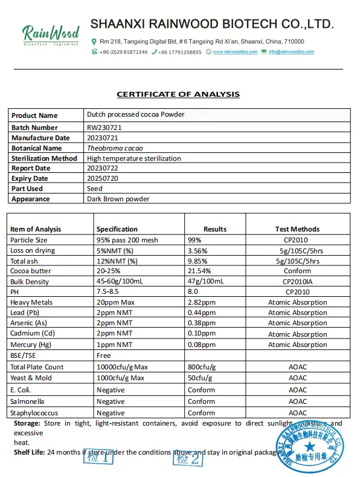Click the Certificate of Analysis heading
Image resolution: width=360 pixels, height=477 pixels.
pos(178,94)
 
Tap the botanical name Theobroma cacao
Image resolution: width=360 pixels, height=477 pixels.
pos(115,148)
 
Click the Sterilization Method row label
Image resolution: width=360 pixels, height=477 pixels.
pos(44,158)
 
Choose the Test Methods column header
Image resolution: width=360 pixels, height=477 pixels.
pos(297,229)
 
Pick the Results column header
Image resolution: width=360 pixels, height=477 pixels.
pos(214,229)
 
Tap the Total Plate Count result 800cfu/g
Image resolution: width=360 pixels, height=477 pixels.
pos(202,367)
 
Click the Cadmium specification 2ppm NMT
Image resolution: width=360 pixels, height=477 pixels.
pos(114,334)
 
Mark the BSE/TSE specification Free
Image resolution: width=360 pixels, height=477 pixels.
pos(103,356)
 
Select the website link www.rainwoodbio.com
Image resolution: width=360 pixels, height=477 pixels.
pos(235,52)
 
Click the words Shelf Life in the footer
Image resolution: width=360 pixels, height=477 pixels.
pos(28,452)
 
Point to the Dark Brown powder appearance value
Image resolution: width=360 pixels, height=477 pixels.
pos(118,199)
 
